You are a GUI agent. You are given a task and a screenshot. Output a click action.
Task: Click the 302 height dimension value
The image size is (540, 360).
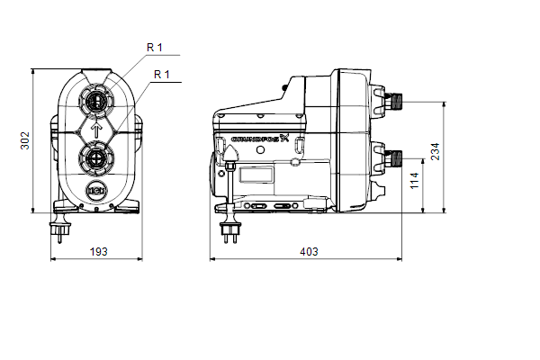[x=25, y=140]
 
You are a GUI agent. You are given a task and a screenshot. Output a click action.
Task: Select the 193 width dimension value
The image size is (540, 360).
[x=98, y=252]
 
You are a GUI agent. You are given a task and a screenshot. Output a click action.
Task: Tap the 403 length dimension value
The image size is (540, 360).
[x=309, y=252]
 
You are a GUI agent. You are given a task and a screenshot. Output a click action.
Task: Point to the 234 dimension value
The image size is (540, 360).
[x=436, y=151]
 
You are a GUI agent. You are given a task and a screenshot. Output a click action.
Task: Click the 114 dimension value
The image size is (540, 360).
[x=415, y=181]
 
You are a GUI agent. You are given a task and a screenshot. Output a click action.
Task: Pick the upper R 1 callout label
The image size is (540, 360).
[x=154, y=48]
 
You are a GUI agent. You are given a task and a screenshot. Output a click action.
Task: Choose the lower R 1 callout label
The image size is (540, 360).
[x=162, y=75]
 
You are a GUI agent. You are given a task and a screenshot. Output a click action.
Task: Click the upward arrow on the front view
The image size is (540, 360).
[x=97, y=130]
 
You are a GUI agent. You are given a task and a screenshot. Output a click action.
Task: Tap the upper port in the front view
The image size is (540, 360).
[x=97, y=102]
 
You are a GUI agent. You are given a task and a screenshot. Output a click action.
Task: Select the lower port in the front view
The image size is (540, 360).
[x=97, y=158]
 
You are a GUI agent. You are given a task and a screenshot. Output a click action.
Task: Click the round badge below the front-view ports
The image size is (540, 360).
[x=97, y=191]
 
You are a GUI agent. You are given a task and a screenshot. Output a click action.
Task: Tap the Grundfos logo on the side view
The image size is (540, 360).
[x=260, y=139]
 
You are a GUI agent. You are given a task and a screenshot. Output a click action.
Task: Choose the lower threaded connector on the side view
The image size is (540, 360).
[x=393, y=158]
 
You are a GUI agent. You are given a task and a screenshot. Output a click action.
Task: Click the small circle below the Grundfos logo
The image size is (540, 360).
[x=261, y=150]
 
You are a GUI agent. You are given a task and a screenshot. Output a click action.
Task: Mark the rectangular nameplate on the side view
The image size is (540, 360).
[x=256, y=175]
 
